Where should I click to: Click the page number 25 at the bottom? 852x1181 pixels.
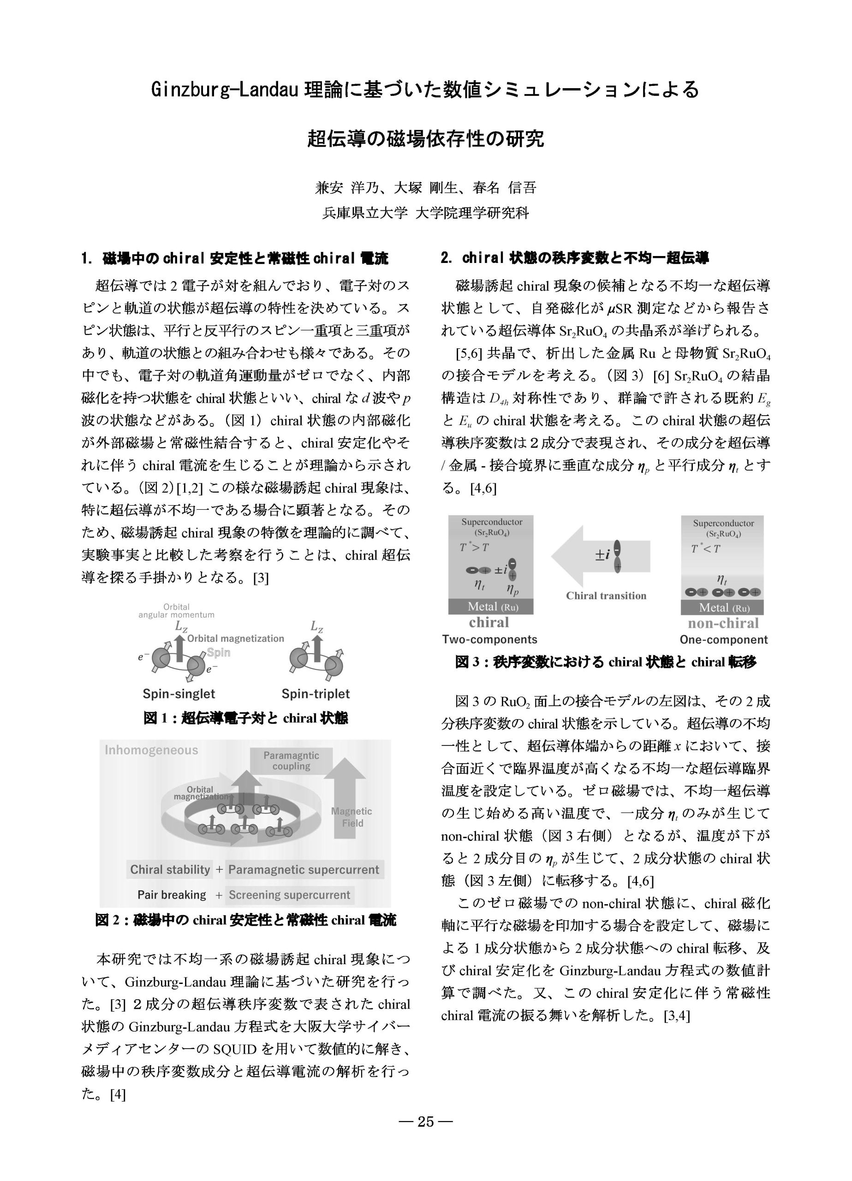coord(425,1121)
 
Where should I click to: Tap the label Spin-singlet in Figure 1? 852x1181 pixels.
coord(179,693)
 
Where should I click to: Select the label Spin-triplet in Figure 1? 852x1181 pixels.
coord(316,693)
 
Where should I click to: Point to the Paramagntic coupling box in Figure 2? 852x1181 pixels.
coord(291,761)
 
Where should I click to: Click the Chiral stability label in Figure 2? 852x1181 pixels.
coord(170,870)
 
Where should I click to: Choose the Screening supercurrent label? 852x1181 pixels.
coord(290,895)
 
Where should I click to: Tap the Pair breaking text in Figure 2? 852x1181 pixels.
coord(172,895)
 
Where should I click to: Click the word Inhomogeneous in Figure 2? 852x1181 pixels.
coord(152,750)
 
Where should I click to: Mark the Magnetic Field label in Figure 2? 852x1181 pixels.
coord(352,817)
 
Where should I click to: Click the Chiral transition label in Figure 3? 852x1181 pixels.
coord(606,596)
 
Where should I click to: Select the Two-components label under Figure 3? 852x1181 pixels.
coord(489,639)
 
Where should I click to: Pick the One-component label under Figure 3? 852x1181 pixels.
coord(723,639)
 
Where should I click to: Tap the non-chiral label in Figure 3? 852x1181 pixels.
coord(723,623)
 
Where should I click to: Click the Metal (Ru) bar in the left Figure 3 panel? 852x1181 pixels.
coord(490,607)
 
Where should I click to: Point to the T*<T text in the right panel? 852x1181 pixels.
coord(706,549)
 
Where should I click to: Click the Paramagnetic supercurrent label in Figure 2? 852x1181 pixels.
coord(304,870)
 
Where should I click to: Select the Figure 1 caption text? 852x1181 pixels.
coord(245,719)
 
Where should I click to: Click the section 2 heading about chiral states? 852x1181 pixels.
coord(574,258)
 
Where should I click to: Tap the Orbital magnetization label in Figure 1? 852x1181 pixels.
coord(235,638)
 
